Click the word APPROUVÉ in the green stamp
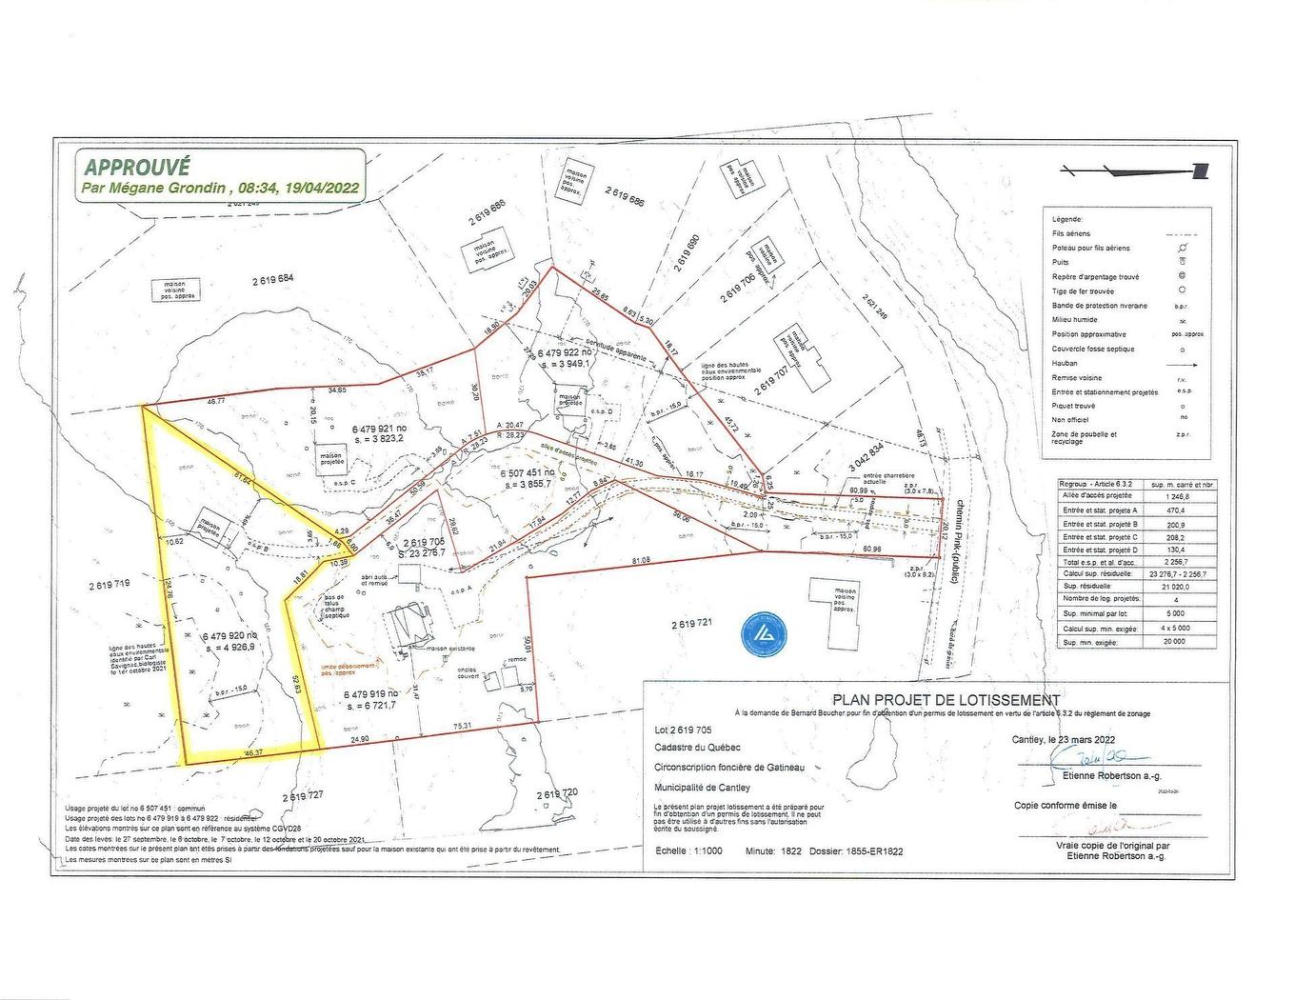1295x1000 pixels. tap(137, 167)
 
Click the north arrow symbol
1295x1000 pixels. tap(1134, 170)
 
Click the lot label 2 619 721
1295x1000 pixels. tap(690, 625)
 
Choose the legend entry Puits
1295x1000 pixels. tap(1061, 262)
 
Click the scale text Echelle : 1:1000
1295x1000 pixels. tap(688, 851)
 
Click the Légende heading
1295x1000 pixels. tap(1066, 219)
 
